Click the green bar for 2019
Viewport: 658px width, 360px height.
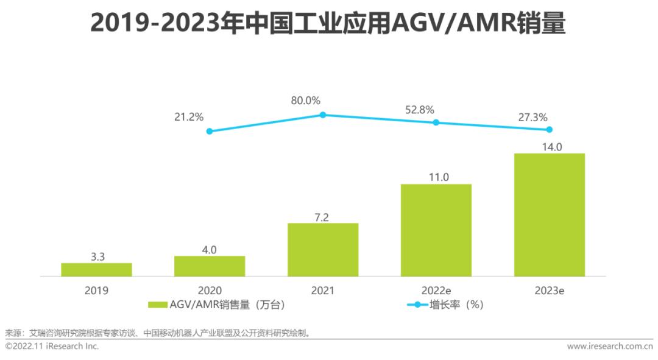pos(96,269)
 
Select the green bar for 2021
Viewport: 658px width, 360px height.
pos(323,250)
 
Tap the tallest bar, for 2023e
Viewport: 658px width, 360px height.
pos(549,214)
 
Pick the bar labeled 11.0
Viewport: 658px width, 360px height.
pos(436,230)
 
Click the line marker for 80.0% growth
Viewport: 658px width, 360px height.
pos(323,115)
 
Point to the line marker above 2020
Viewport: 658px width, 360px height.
pos(210,131)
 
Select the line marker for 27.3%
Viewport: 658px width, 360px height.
pos(549,129)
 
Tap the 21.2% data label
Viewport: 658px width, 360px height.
pos(189,116)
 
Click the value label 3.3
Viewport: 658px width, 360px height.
pos(97,257)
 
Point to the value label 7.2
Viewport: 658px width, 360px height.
pos(323,217)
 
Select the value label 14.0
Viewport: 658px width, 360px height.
pos(549,146)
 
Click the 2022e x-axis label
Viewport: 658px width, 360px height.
pos(436,291)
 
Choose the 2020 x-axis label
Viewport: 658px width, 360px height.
pos(210,291)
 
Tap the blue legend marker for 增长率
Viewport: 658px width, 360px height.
pos(417,305)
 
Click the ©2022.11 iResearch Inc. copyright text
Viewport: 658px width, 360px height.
pos(52,346)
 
